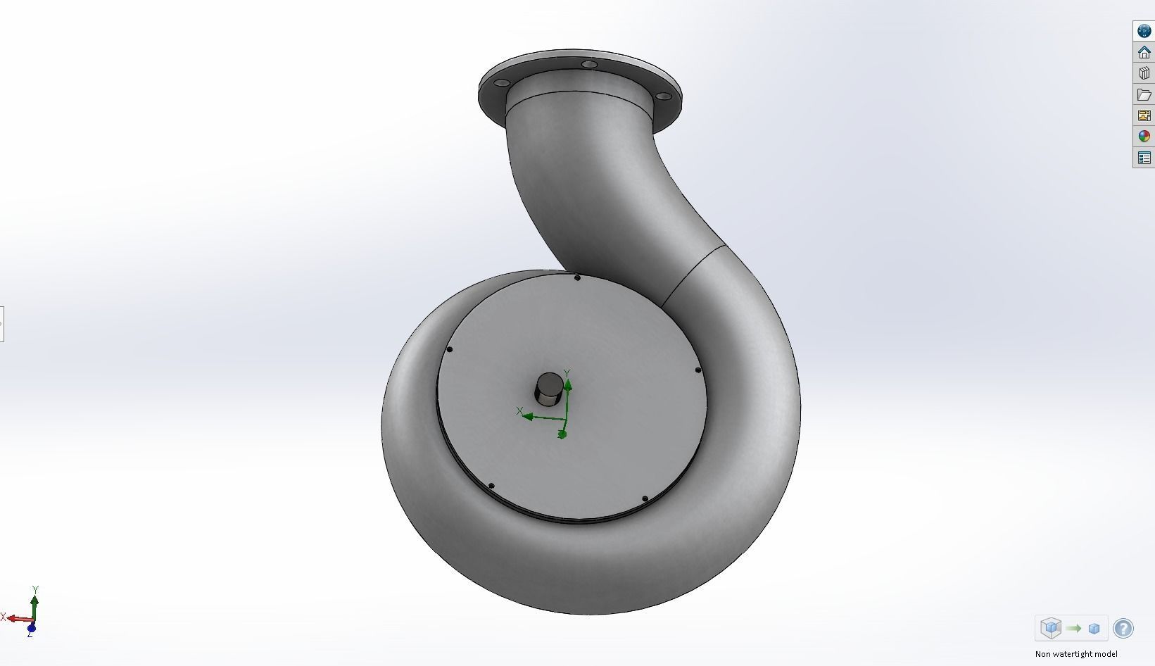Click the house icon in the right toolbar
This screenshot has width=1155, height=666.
pyautogui.click(x=1144, y=52)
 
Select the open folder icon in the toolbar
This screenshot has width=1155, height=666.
pyautogui.click(x=1144, y=94)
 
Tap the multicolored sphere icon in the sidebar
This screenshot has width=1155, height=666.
pyautogui.click(x=1144, y=137)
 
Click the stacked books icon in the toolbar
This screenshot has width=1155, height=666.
pyautogui.click(x=1144, y=73)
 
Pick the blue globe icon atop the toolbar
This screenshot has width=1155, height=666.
pyautogui.click(x=1144, y=31)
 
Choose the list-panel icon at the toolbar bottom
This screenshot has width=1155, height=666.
pyautogui.click(x=1144, y=158)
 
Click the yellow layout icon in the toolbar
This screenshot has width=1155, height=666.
pyautogui.click(x=1144, y=115)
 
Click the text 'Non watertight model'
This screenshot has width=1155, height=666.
pyautogui.click(x=1075, y=654)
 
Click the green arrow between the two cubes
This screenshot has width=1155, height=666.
pyautogui.click(x=1073, y=628)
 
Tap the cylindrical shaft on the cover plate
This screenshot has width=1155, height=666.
pyautogui.click(x=549, y=389)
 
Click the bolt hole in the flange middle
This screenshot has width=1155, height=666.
pyautogui.click(x=589, y=65)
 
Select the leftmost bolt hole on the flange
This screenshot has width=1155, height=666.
pyautogui.click(x=502, y=84)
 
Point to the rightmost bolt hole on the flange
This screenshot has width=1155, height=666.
pyautogui.click(x=663, y=96)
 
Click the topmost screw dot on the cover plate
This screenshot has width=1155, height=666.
pyautogui.click(x=577, y=278)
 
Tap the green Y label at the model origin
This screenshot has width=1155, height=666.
pyautogui.click(x=567, y=373)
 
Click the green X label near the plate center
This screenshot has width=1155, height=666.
pyautogui.click(x=519, y=410)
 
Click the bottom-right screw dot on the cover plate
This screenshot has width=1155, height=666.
pyautogui.click(x=645, y=499)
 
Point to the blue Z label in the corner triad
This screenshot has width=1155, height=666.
pyautogui.click(x=30, y=634)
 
